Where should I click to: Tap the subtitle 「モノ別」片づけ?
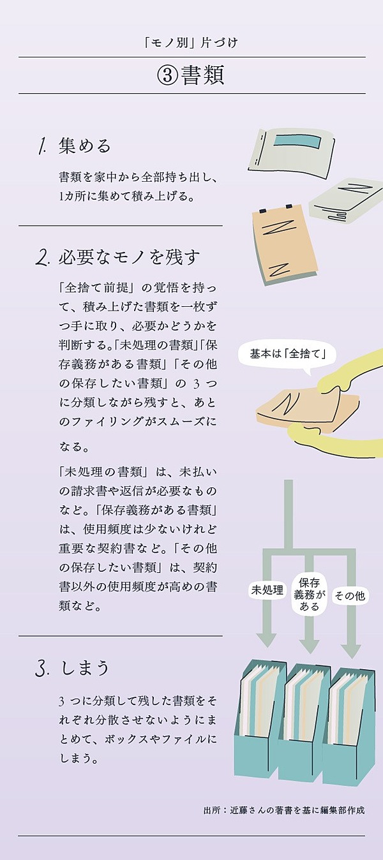click(191, 44)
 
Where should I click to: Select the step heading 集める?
click(84, 146)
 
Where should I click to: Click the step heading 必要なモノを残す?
click(130, 257)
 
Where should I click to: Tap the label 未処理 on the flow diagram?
click(266, 590)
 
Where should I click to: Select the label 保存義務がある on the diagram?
click(310, 594)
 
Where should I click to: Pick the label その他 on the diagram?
click(350, 596)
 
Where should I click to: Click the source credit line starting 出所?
click(284, 810)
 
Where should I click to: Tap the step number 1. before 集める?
click(42, 147)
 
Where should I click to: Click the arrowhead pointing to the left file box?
click(266, 639)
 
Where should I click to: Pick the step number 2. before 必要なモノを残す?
click(43, 258)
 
